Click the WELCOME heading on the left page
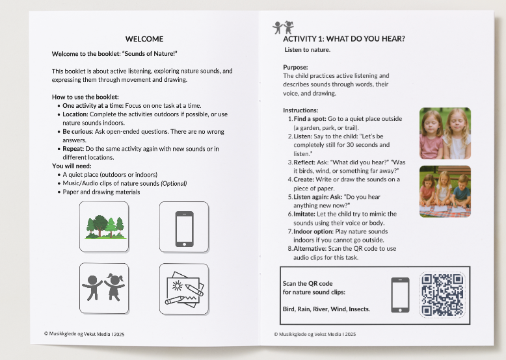[144, 39]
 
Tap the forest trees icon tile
[104, 227]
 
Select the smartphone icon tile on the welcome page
[184, 227]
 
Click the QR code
[443, 294]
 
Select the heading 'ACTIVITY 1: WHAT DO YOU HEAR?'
[344, 39]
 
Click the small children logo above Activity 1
[284, 27]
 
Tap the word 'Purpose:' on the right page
[295, 67]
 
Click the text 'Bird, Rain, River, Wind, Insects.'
[326, 309]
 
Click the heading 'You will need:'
[72, 166]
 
